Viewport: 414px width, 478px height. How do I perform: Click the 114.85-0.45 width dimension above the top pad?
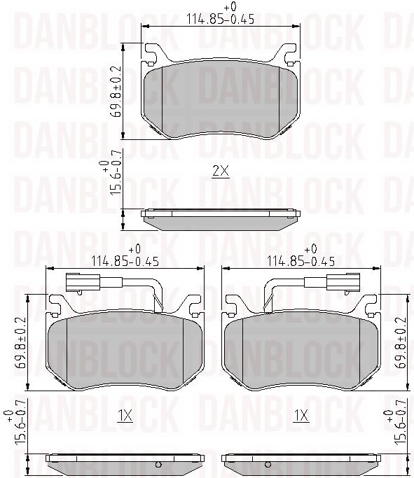tap(219, 19)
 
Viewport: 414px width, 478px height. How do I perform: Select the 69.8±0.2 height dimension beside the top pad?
tap(116, 92)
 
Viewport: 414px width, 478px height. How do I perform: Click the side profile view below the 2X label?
tap(220, 220)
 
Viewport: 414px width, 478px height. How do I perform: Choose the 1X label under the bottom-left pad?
tap(124, 416)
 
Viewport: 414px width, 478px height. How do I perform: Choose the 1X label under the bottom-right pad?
tap(301, 416)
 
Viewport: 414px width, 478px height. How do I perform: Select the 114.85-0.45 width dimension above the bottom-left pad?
tap(125, 261)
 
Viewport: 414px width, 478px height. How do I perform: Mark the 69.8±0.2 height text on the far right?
tap(402, 343)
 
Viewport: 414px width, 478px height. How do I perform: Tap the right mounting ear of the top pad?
tap(288, 54)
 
